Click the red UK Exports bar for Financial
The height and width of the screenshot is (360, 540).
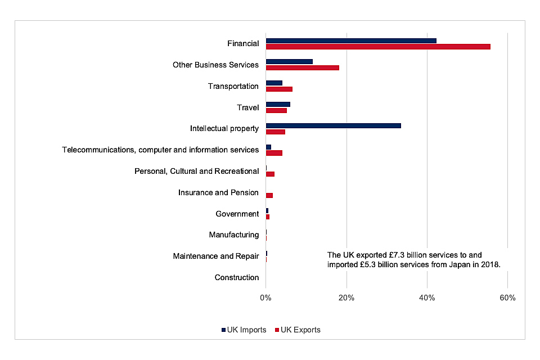point(378,47)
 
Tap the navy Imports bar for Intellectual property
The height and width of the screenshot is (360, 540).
point(333,125)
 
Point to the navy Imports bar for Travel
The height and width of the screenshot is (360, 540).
point(278,104)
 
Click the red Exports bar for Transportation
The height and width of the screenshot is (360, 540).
point(279,89)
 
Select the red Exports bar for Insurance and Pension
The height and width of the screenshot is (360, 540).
point(269,195)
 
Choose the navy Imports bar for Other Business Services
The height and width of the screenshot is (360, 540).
point(289,61)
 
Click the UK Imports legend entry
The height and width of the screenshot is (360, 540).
point(244,330)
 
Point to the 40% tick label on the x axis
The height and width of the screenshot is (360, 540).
point(427,298)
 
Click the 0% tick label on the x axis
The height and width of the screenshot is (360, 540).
point(266,298)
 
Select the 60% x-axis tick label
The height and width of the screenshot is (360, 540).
point(507,298)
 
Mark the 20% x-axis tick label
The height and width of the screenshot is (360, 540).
point(346,298)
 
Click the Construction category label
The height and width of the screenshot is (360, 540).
point(237,277)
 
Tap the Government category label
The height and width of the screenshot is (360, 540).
point(237,214)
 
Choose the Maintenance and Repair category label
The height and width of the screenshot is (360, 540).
point(216,256)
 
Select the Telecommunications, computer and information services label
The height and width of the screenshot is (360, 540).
point(160,150)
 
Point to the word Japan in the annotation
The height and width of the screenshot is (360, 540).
point(452,264)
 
